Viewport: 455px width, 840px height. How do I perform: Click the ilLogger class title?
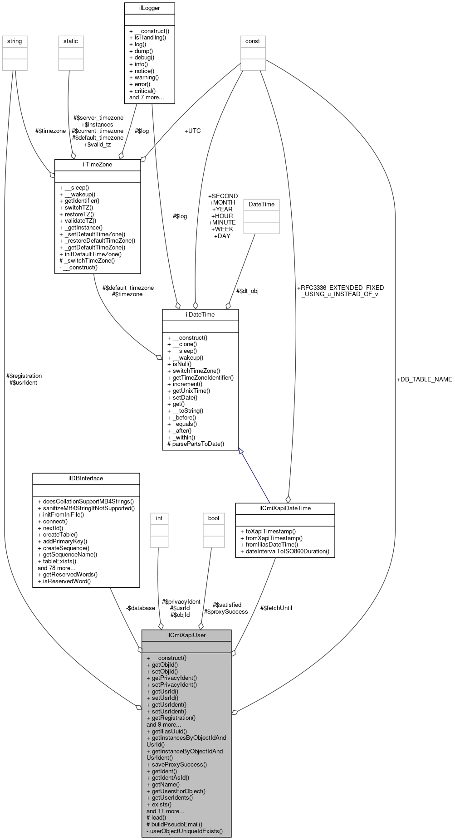coord(149,8)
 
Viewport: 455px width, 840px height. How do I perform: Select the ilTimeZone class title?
coord(97,165)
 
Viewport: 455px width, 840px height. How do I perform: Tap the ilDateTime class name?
coord(200,314)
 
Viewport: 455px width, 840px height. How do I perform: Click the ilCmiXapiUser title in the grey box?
coord(186,635)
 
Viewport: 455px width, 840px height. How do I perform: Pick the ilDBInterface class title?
coord(86,478)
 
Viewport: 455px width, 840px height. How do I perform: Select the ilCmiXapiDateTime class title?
coord(285,508)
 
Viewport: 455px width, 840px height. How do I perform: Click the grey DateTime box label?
coord(261,205)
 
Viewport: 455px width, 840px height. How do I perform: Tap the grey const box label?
coord(253,41)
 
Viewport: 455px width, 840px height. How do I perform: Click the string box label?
coord(15,41)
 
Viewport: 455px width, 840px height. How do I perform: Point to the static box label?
coord(71,41)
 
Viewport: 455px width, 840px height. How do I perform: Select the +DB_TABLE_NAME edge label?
coord(424,379)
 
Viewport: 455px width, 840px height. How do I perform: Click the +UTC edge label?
coord(192,131)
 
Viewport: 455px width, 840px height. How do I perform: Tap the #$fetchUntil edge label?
coord(276,608)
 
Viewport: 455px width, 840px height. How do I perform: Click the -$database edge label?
coord(141,608)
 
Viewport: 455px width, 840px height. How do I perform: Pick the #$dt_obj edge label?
coord(247,291)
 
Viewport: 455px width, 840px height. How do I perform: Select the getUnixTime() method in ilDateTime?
coord(188,391)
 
